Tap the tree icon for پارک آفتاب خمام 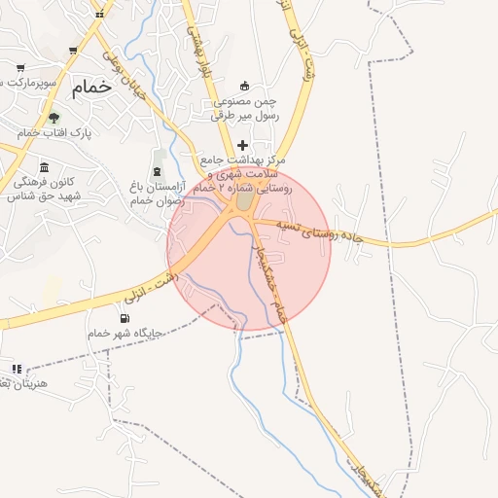53,117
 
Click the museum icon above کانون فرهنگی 44,167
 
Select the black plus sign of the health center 242,145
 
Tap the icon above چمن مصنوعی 243,85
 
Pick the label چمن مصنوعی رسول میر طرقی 245,108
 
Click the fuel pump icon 124,318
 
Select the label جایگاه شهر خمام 124,334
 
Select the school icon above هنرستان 17,369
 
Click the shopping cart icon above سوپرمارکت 19,68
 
